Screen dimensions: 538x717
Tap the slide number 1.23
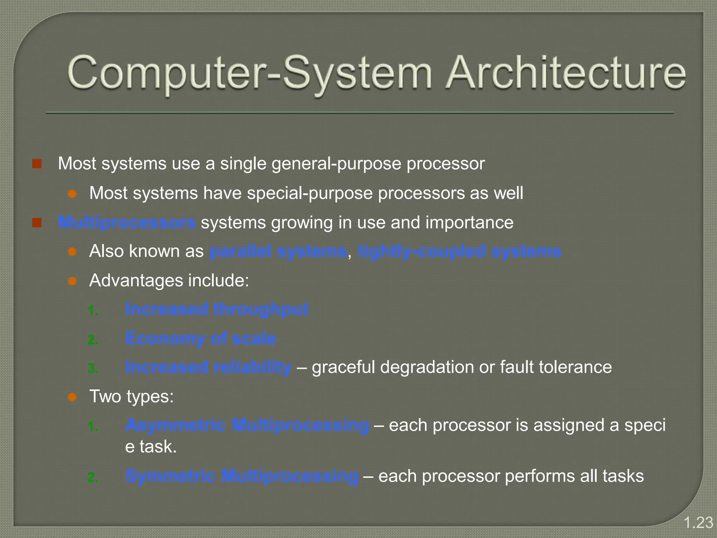coord(698,523)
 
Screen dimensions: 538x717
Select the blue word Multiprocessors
coord(127,222)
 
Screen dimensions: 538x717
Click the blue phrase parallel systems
coord(278,251)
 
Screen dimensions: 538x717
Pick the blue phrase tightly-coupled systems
coord(459,251)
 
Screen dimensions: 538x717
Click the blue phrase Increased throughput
coord(217,309)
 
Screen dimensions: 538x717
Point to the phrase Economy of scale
coord(201,339)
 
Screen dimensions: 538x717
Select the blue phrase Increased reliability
coord(208,367)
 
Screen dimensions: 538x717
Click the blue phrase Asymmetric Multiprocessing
coord(247,425)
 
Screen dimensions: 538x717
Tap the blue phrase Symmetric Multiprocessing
coord(242,476)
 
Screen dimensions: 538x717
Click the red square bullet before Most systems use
coord(37,164)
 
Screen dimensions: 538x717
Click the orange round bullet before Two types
coord(72,397)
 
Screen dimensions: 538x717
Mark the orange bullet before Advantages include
coord(72,281)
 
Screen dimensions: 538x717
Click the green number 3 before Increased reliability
coord(92,369)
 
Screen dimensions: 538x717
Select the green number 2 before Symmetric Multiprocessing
coord(92,478)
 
